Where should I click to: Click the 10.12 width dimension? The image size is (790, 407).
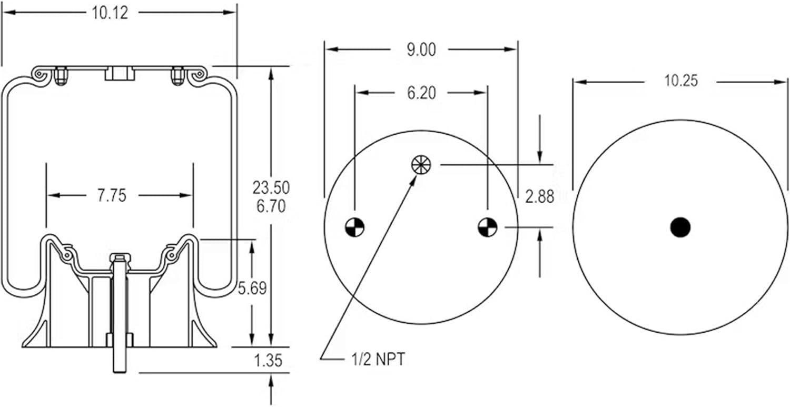pyautogui.click(x=110, y=13)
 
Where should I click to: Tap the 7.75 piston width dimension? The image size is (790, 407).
pyautogui.click(x=112, y=196)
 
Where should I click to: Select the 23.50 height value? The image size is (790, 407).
pyautogui.click(x=271, y=187)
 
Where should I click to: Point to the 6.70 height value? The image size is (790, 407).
pyautogui.click(x=271, y=206)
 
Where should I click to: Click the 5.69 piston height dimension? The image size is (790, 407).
pyautogui.click(x=252, y=289)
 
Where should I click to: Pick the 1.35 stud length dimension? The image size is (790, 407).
pyautogui.click(x=268, y=361)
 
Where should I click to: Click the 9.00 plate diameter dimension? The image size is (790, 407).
pyautogui.click(x=421, y=49)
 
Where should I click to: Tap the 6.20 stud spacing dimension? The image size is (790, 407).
pyautogui.click(x=421, y=93)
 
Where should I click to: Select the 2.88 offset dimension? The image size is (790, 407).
pyautogui.click(x=540, y=197)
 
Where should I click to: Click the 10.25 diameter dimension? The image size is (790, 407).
pyautogui.click(x=681, y=81)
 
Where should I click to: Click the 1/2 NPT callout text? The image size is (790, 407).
pyautogui.click(x=378, y=360)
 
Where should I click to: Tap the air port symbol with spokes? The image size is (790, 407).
pyautogui.click(x=421, y=164)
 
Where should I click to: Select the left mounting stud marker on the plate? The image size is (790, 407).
pyautogui.click(x=355, y=227)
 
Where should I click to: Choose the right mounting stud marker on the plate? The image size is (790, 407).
pyautogui.click(x=488, y=227)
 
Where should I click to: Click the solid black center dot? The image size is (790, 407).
pyautogui.click(x=680, y=227)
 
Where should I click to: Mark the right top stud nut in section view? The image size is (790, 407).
pyautogui.click(x=177, y=76)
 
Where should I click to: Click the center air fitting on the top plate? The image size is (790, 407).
pyautogui.click(x=120, y=74)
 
